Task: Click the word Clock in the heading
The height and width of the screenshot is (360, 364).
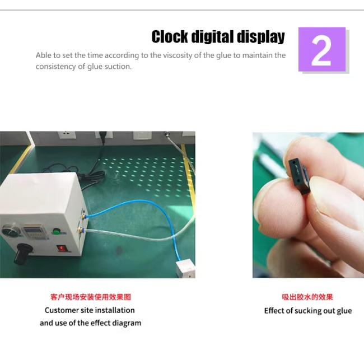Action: pos(170,37)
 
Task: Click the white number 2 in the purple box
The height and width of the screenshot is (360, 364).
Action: pos(321,52)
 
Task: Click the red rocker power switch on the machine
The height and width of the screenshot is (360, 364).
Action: pos(62,249)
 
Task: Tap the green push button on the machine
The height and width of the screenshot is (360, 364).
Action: pos(55,231)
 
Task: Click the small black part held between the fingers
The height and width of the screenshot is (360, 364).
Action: pos(299,177)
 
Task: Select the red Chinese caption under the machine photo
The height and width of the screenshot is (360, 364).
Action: pos(91,297)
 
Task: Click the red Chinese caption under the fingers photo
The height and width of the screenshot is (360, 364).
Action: pos(307,297)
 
